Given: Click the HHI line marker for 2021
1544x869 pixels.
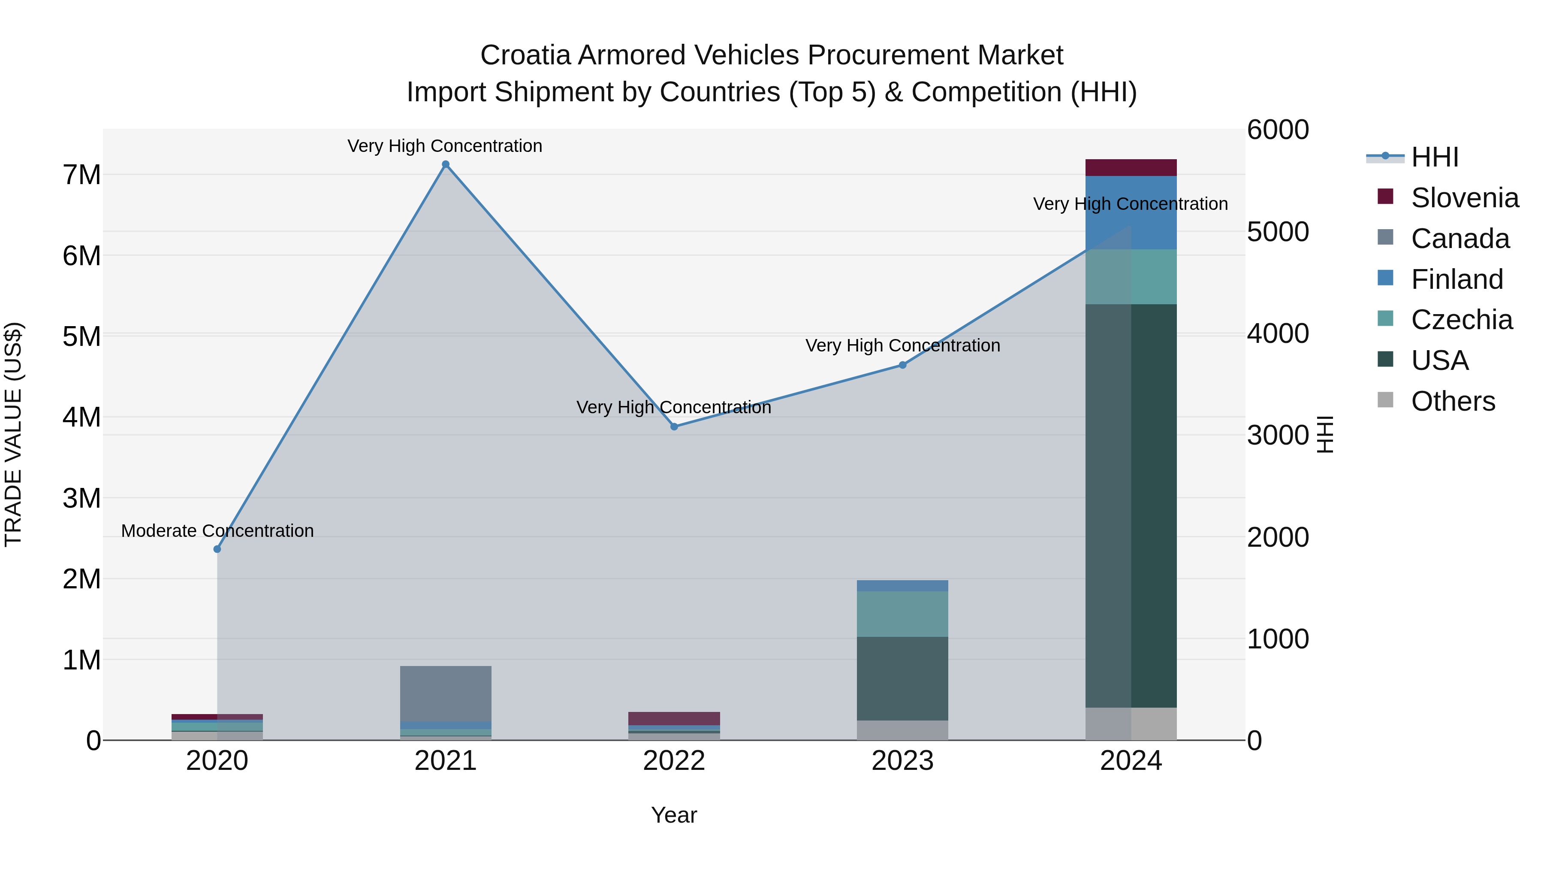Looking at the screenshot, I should pos(445,164).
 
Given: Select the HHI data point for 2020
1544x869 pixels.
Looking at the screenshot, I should pos(217,549).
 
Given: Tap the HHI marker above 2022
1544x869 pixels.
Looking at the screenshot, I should pos(674,427).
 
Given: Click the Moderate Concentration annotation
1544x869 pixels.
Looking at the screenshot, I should pos(217,531).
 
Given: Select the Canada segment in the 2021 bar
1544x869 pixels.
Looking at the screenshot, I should pos(445,693).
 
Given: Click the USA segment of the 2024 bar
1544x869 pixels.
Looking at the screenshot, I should pos(1131,505).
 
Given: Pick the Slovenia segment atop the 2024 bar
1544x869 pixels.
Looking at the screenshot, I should pos(1131,167).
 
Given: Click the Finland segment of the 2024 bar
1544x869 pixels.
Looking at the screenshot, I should pos(1131,212).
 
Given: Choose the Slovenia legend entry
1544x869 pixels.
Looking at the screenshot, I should pos(1464,198).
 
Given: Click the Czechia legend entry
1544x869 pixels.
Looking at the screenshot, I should pos(1461,320).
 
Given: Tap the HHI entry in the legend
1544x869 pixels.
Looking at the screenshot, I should pos(1434,157).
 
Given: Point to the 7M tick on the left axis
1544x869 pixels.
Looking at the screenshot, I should pos(81,175).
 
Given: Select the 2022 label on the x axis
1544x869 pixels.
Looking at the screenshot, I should pos(674,760).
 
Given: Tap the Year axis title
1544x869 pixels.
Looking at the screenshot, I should pos(674,815).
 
